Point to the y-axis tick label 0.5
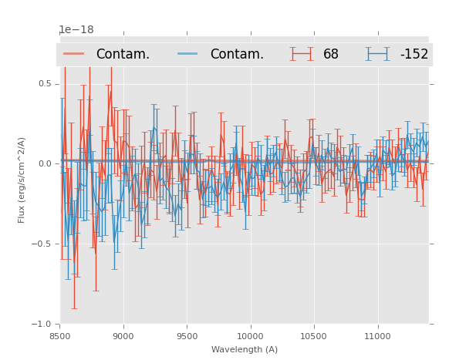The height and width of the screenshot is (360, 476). point(44,84)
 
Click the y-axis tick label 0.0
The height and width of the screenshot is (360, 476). point(44,164)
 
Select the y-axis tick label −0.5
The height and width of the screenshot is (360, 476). point(42,244)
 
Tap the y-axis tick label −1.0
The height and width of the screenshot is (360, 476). point(42,325)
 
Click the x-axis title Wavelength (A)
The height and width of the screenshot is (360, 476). point(245,350)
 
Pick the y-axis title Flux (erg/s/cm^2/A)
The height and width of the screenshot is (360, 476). point(22,180)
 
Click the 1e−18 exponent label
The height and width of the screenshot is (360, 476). point(76,30)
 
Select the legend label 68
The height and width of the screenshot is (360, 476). point(331,55)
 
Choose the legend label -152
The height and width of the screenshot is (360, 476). point(414,55)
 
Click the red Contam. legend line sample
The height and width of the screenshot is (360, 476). point(74,54)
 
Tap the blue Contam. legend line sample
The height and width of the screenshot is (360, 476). point(188,54)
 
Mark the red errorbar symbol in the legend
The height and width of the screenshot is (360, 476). point(302,54)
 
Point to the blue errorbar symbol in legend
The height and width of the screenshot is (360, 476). point(378,54)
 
